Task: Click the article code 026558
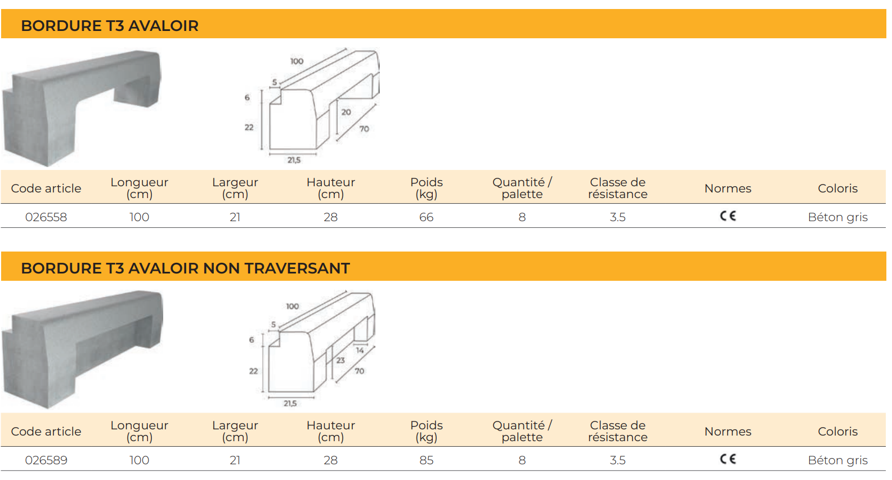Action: (x=46, y=217)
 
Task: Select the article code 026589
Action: (x=46, y=460)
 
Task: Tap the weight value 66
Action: (x=426, y=217)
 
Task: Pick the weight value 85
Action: (x=426, y=460)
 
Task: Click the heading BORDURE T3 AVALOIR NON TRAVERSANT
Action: (x=185, y=268)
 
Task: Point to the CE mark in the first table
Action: (x=728, y=216)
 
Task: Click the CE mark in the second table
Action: (x=728, y=459)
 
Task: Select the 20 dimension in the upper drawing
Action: (x=346, y=112)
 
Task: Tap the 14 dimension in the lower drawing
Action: (x=360, y=350)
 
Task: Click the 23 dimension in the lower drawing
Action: (x=340, y=360)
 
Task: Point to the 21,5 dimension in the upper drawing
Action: (x=294, y=160)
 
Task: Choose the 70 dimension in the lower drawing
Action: (x=359, y=371)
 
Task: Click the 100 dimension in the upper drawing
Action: (x=297, y=61)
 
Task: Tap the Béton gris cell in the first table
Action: (x=838, y=217)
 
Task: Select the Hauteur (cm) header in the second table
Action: (x=330, y=431)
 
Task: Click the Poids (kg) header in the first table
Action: (x=427, y=188)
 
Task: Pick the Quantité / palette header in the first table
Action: (x=522, y=188)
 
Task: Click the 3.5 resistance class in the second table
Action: (x=617, y=460)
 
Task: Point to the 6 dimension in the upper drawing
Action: (x=247, y=97)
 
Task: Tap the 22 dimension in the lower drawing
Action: (x=253, y=371)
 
